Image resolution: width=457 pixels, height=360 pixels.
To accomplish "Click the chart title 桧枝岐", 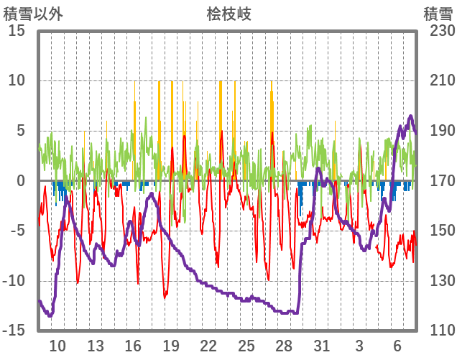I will coord(228,14).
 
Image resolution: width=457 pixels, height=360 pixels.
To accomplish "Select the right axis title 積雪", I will coord(438,14).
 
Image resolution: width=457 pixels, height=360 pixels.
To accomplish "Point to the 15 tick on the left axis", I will coord(17,32).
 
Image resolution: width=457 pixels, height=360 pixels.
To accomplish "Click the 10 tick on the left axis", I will coord(17,81).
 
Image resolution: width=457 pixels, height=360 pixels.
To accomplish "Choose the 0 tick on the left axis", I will coord(22,181).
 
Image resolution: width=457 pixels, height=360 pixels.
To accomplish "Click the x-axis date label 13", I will coord(96,346).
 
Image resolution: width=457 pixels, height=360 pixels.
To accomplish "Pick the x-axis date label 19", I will coord(170,346).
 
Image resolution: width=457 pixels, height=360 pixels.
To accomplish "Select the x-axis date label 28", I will coord(284,346).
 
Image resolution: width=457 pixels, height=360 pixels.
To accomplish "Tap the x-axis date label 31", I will coord(321,346).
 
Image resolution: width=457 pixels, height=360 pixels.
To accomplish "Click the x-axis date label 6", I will coord(397,346).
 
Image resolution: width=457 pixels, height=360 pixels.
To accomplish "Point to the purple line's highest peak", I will coord(410,116).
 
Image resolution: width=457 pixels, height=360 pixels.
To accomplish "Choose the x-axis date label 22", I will coord(208,346).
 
